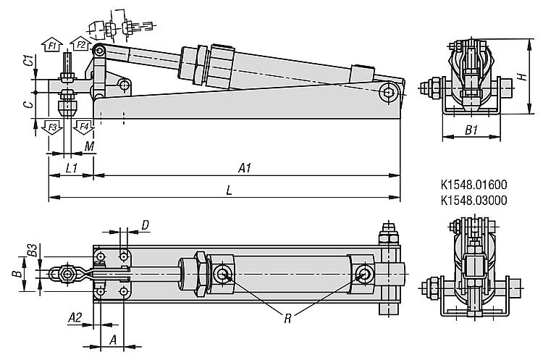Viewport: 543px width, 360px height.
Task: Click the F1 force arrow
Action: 52,44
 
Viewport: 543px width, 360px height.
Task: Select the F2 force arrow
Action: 80,43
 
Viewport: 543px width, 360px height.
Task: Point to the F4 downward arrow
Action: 84,127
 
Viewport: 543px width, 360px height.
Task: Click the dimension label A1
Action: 245,168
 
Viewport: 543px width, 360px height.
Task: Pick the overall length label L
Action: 229,191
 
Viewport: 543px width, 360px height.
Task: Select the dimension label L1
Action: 72,168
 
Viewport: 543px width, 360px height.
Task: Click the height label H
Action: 523,76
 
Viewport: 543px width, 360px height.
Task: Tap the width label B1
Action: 471,130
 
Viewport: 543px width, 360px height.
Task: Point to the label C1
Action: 30,60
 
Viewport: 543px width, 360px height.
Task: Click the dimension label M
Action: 89,146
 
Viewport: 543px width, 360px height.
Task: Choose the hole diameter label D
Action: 146,225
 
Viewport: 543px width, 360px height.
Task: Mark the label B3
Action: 33,250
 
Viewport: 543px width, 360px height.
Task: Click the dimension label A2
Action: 75,317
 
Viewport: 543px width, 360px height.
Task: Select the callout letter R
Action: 287,319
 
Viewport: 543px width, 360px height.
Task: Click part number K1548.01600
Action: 473,184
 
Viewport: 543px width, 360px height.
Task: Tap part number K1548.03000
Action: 473,200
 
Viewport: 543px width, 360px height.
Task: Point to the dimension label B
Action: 17,274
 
